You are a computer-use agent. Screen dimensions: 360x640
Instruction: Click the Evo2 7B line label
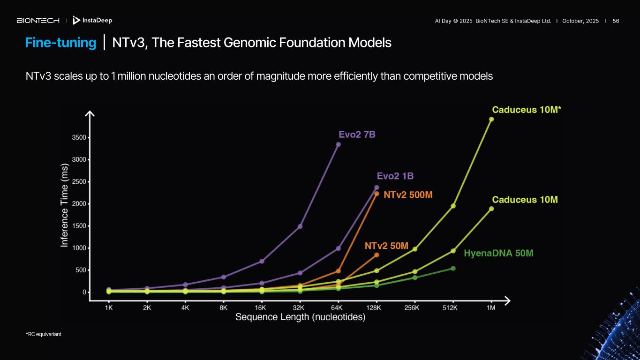click(357, 135)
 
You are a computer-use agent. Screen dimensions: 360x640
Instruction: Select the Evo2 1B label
click(395, 176)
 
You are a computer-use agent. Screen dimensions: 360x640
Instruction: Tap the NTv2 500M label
click(408, 195)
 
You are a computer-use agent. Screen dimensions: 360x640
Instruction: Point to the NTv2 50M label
click(387, 246)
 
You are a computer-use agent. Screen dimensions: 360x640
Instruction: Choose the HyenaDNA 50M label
click(498, 253)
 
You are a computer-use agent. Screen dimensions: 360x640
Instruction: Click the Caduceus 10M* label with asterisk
click(527, 110)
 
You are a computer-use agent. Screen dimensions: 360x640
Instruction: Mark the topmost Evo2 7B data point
click(338, 144)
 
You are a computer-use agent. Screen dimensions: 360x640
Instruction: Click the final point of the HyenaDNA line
click(453, 268)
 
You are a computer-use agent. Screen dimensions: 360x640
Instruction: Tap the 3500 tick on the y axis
click(78, 138)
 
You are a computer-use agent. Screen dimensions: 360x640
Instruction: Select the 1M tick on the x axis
click(491, 307)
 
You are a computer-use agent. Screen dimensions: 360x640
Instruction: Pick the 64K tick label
click(337, 307)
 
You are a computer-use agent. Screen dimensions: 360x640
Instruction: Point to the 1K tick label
click(109, 307)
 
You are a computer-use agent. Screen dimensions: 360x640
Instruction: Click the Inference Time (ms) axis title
click(65, 205)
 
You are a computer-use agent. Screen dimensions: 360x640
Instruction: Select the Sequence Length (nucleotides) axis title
click(300, 317)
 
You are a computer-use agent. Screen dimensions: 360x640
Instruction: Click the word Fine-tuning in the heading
click(60, 43)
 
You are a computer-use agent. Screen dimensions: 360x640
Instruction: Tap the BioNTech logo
click(38, 21)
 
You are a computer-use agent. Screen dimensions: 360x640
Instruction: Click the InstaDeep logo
click(92, 21)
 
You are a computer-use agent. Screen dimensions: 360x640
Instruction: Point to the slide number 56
click(616, 21)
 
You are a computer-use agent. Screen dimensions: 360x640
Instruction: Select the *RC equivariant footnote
click(44, 334)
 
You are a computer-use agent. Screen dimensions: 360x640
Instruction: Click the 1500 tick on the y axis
click(78, 226)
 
